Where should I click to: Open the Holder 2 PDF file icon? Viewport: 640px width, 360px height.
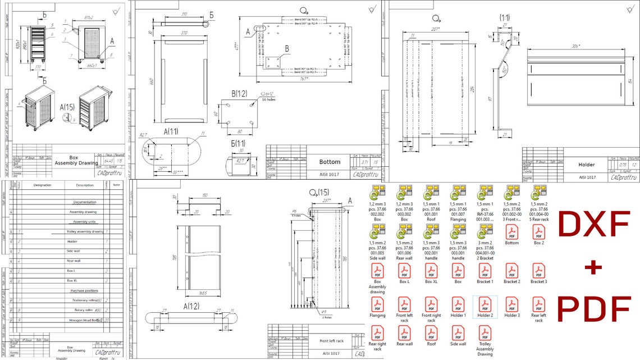(484, 305)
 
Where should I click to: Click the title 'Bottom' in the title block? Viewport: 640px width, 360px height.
(330, 162)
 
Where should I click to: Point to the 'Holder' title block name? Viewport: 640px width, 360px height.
(586, 165)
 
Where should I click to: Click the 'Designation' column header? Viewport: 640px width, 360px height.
(42, 185)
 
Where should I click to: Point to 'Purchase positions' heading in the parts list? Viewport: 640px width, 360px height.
(84, 291)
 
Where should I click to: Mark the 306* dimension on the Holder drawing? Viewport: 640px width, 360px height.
(575, 46)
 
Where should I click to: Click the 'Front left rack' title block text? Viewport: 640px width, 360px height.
(331, 341)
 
